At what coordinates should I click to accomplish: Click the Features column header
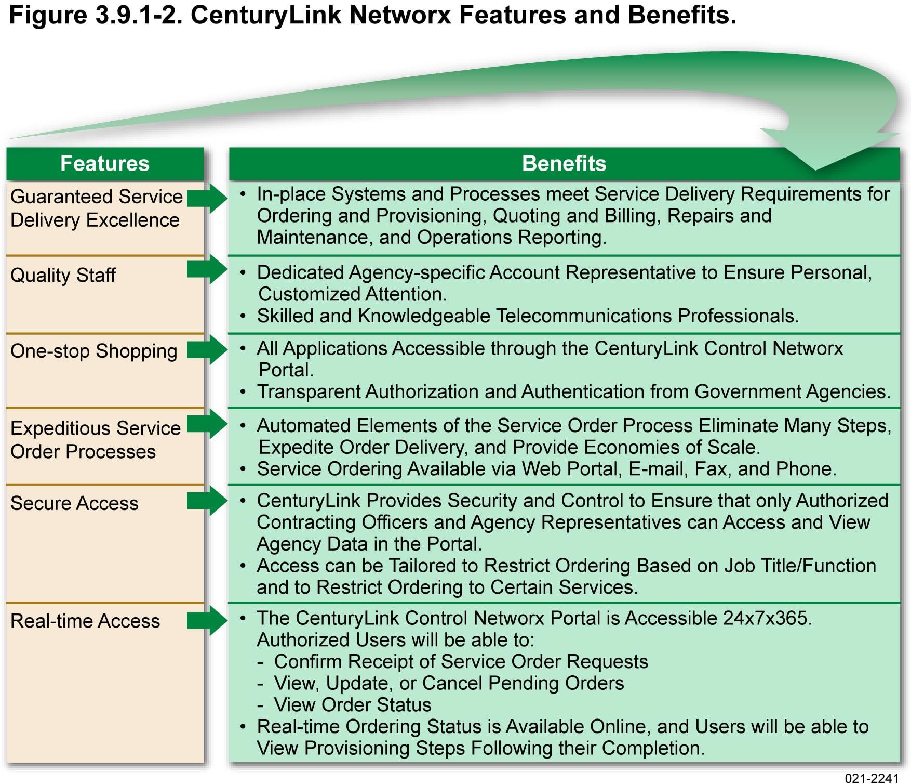coord(105,163)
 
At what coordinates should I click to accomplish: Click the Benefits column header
coord(564,163)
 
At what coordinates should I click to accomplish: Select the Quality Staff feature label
coord(63,275)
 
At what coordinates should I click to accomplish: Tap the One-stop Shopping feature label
coord(93,351)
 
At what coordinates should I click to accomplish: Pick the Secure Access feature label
coord(74,503)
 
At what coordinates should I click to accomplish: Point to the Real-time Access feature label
coord(85,621)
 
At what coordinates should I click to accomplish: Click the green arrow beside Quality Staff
coord(207,269)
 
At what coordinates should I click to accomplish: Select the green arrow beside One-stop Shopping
coord(207,349)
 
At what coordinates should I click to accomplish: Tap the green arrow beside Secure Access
coord(207,501)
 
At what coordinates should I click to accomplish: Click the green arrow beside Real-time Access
coord(207,620)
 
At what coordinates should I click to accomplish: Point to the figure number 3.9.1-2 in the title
coord(139,15)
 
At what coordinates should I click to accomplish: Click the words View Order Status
coord(353,705)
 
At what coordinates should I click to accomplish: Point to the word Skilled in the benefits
coord(285,316)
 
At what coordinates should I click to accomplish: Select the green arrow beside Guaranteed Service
coord(207,198)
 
